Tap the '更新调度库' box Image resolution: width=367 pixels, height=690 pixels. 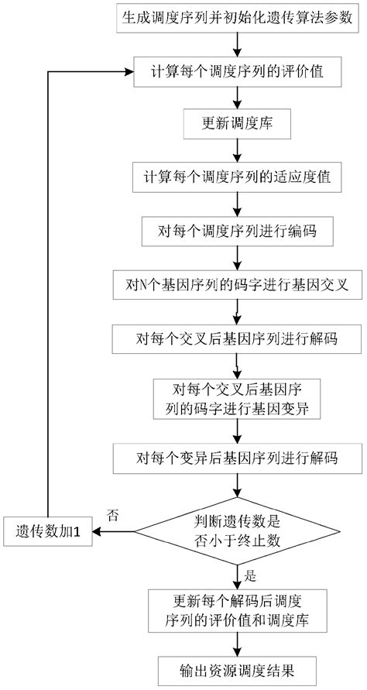click(237, 122)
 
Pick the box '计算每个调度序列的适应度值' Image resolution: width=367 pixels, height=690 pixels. click(237, 176)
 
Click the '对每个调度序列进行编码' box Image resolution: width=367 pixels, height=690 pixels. click(237, 229)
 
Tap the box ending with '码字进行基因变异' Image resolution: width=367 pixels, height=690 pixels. click(237, 398)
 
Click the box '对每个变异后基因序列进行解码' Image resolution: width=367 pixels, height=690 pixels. click(237, 458)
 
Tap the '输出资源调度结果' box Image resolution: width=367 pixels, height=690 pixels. click(237, 665)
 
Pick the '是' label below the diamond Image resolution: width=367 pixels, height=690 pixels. click(249, 575)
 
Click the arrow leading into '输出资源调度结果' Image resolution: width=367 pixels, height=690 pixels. click(237, 640)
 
